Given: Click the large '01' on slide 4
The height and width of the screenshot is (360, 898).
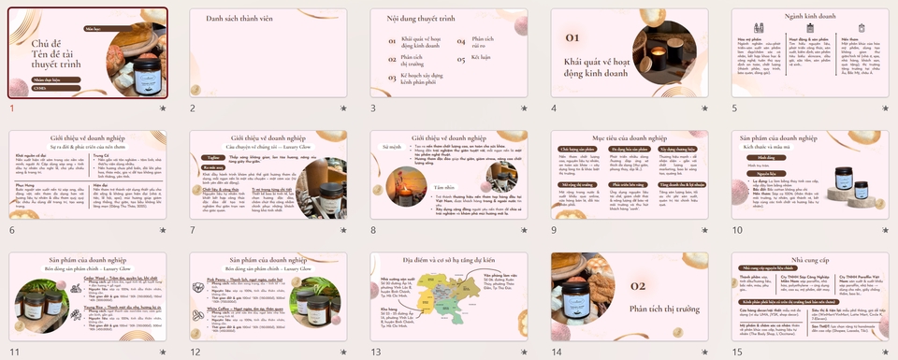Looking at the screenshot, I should [x=573, y=37].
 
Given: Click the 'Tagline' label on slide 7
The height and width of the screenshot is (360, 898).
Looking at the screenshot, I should [x=214, y=158].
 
